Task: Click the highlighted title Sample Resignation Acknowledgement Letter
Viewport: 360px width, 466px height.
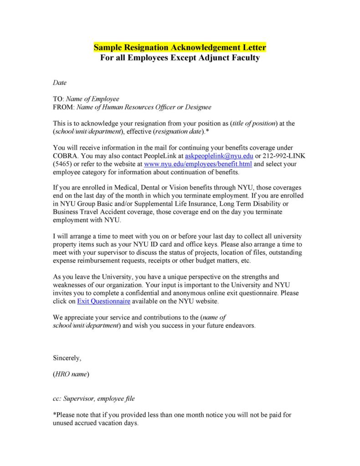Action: coord(180,47)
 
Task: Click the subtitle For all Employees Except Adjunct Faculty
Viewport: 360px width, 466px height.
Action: coord(180,58)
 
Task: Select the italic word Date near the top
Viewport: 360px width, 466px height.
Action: coord(60,83)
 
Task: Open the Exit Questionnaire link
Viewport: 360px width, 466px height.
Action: coord(104,301)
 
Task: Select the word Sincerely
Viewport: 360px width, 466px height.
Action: coord(67,358)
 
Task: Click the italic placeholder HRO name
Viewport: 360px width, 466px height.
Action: coord(71,374)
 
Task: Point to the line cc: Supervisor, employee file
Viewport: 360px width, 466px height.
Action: coord(94,398)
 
